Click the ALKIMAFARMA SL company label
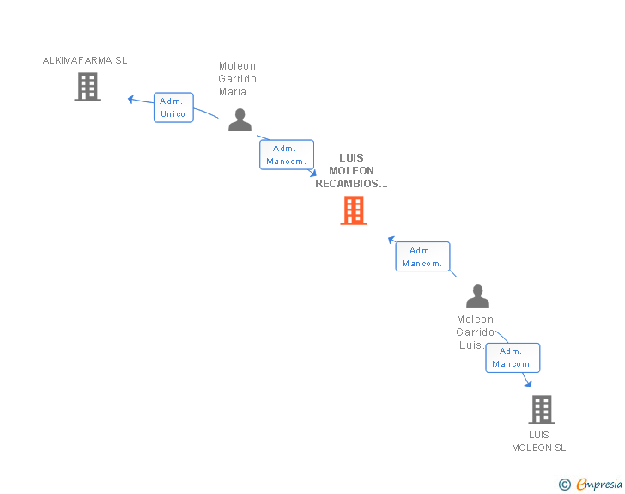click(85, 60)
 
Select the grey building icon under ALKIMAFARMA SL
click(88, 87)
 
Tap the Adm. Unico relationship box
click(173, 107)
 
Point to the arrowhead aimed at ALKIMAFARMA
click(131, 99)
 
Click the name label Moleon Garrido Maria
click(238, 79)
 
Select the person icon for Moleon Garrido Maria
click(240, 120)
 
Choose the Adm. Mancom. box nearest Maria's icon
click(287, 155)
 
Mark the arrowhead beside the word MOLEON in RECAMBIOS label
click(312, 173)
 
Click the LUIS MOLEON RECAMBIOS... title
click(351, 170)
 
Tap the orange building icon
click(354, 210)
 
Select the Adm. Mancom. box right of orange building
click(422, 257)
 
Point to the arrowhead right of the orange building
click(391, 240)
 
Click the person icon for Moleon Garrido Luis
click(477, 296)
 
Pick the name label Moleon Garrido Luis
click(475, 332)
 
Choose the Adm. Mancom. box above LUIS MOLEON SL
click(513, 357)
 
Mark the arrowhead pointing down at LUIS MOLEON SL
click(528, 383)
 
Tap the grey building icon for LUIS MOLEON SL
click(541, 410)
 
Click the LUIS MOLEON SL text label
click(539, 441)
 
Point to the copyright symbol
click(564, 485)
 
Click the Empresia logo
click(599, 484)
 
